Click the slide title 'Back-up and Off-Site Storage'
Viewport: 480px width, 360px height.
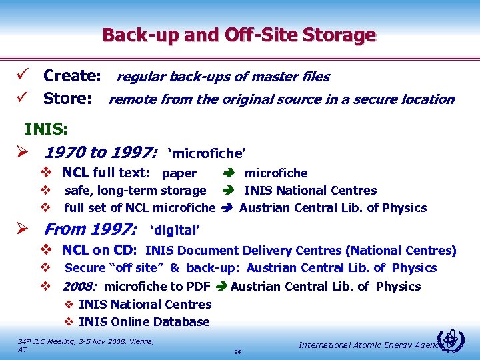coord(239,35)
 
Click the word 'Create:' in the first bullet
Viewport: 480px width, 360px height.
coord(72,77)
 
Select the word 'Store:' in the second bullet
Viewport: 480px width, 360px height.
coord(67,99)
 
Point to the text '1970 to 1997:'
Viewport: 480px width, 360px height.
coord(101,154)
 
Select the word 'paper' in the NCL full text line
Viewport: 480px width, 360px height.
coord(179,174)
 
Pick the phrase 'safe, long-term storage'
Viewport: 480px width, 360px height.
coord(135,191)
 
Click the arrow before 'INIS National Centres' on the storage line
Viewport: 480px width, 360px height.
coord(227,191)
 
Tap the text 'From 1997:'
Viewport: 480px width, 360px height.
coord(91,230)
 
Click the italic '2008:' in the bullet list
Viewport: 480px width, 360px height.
coord(80,287)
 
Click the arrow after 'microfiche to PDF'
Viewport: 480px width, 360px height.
coord(220,287)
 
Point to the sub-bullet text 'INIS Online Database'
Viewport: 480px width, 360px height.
coord(144,322)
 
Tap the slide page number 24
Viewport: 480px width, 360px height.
coord(237,351)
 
